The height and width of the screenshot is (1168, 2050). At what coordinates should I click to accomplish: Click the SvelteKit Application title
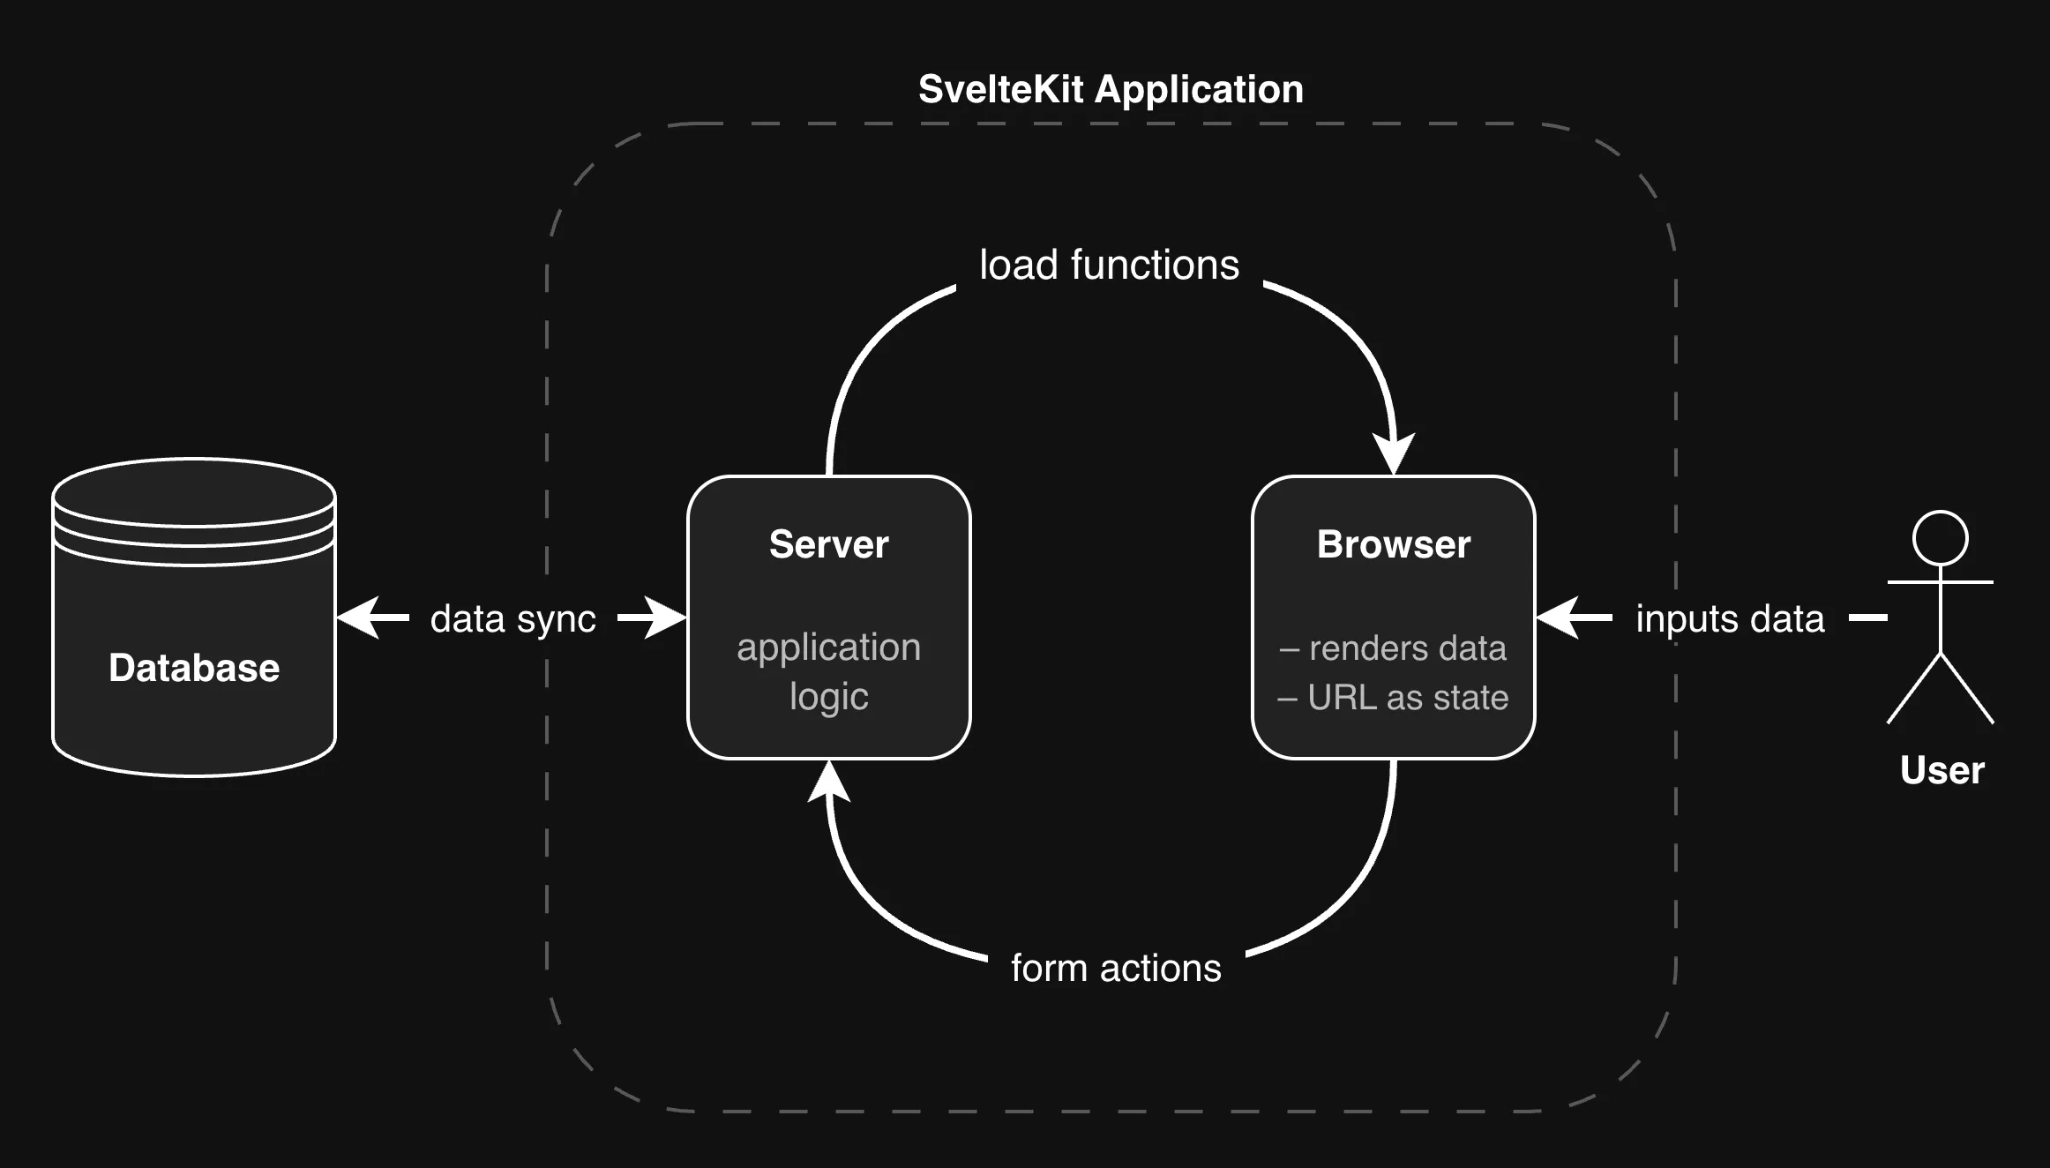(1111, 89)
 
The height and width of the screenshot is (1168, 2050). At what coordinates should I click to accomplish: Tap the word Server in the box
(828, 544)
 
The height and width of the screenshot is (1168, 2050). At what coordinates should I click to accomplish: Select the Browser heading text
(1393, 544)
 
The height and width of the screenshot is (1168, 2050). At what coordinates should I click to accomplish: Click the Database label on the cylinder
(194, 668)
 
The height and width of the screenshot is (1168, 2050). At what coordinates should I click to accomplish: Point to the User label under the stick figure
(1942, 770)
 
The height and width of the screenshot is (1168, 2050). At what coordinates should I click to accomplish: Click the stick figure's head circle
(1940, 538)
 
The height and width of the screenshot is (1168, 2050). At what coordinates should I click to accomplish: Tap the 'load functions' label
(1109, 265)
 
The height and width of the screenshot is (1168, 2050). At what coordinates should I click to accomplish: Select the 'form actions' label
(1116, 968)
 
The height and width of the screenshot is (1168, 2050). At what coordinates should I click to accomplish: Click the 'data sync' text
(512, 618)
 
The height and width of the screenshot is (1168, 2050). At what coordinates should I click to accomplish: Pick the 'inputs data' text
(1730, 618)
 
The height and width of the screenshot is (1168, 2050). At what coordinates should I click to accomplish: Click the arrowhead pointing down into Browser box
(1394, 453)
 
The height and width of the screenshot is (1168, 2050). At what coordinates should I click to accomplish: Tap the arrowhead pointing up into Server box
(829, 782)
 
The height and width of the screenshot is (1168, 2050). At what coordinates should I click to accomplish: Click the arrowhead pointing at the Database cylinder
(360, 618)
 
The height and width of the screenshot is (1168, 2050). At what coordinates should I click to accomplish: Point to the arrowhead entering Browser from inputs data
(1558, 618)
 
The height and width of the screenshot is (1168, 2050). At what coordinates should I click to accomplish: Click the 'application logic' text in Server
(828, 671)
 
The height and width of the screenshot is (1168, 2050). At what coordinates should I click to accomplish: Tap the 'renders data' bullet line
(1393, 648)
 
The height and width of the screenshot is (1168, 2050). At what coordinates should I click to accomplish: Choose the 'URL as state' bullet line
(1393, 698)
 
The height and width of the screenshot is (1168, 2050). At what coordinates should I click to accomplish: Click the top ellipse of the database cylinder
(194, 492)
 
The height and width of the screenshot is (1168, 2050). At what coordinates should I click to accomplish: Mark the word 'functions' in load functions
(1155, 265)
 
